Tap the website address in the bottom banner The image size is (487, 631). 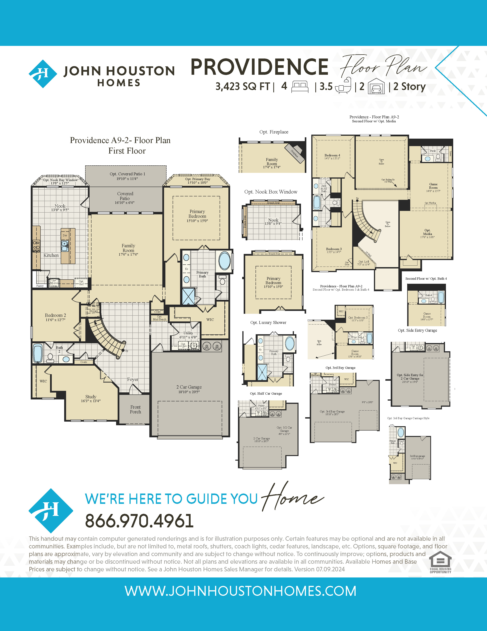point(240,591)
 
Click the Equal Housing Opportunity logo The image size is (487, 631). point(440,562)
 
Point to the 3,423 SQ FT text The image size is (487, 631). point(242,86)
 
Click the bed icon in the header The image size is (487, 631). point(300,86)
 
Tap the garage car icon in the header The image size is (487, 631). point(376,86)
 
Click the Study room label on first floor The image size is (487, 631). point(91,399)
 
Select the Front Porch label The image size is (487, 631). point(135,409)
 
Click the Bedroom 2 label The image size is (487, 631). point(55,317)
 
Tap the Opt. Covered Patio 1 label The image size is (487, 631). point(127,176)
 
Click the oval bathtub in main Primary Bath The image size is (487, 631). point(224,261)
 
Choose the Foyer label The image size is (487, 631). point(133,379)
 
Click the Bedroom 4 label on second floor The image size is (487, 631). point(332,157)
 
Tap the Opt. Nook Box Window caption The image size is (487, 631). point(271,192)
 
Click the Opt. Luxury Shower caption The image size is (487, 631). point(268,322)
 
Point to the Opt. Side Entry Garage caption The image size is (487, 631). point(417,330)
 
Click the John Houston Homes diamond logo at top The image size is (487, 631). point(43,74)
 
